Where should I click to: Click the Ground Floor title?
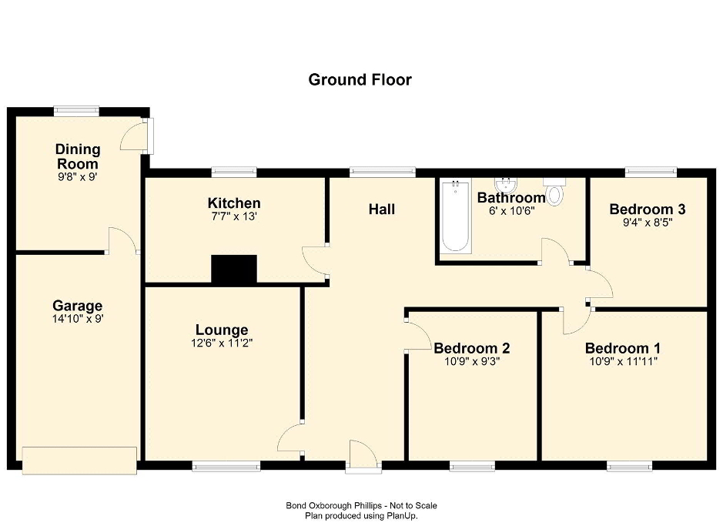click(360, 80)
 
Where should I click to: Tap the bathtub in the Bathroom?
click(456, 216)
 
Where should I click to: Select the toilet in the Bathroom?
click(554, 192)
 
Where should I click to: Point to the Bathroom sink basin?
click(507, 186)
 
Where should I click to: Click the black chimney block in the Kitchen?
click(234, 269)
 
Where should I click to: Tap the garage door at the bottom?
click(79, 460)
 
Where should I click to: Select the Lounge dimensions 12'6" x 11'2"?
click(222, 343)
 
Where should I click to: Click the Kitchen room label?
click(234, 203)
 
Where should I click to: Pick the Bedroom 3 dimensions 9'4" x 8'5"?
click(648, 223)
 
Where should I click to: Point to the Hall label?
click(382, 209)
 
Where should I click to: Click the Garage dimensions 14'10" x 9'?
click(78, 319)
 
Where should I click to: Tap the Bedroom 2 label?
click(472, 348)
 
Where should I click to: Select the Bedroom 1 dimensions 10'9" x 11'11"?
click(624, 361)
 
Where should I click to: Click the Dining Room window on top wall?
click(76, 111)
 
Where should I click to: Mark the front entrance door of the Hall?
click(363, 457)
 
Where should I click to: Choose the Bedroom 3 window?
click(651, 172)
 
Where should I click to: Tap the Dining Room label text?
click(77, 156)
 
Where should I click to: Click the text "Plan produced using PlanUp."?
click(362, 516)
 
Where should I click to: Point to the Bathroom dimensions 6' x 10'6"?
click(512, 211)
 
